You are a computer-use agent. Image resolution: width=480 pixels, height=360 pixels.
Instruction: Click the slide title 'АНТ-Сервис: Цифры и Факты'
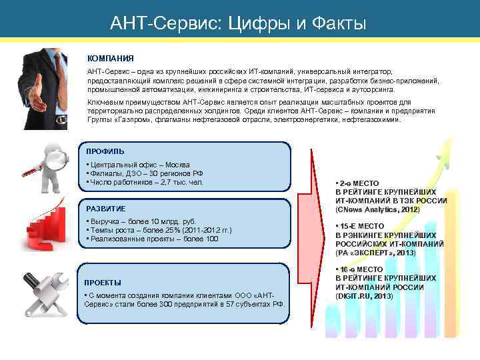239,24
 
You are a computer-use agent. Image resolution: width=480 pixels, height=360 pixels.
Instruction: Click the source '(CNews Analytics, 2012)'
377,209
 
